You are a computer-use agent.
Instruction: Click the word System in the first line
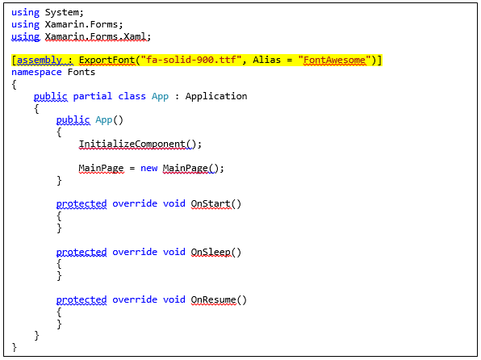[63, 12]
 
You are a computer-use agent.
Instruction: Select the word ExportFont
[107, 60]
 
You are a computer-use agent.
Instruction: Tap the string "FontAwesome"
[334, 60]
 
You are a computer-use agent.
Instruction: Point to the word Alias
[266, 60]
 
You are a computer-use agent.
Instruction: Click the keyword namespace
[36, 72]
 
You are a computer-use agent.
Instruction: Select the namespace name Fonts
[82, 72]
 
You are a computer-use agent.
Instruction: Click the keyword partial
[92, 96]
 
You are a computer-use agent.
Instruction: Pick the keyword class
[132, 96]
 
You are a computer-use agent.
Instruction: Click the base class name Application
[216, 96]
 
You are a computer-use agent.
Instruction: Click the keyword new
[148, 168]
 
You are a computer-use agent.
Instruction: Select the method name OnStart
[211, 203]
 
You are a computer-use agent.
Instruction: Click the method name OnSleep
[211, 252]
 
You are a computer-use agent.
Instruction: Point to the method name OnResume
[213, 299]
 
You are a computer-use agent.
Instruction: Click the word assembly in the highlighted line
[40, 60]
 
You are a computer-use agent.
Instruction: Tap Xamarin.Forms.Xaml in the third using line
[95, 36]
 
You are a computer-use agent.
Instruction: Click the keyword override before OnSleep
[135, 252]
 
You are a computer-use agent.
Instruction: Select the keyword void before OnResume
[174, 299]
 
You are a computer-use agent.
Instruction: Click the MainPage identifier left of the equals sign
[101, 168]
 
